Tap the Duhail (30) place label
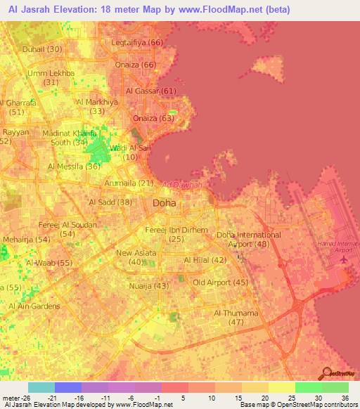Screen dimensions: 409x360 click(42, 49)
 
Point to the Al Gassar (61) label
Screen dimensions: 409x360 click(150, 91)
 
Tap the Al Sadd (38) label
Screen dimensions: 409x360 click(110, 202)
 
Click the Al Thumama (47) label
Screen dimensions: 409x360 click(236, 317)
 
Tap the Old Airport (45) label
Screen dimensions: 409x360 click(221, 283)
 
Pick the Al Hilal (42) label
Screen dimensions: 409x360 click(205, 260)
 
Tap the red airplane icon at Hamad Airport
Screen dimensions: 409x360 click(344, 260)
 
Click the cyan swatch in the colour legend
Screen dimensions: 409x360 click(41, 387)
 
